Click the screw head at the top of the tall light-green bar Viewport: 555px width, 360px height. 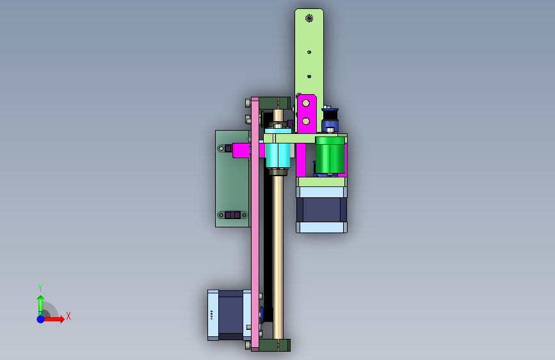pos(309,18)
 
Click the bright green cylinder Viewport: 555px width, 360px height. pos(330,155)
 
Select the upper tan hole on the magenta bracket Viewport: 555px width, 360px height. pos(306,103)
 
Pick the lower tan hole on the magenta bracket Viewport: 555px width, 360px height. pos(306,121)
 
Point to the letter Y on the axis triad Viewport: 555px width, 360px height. pos(40,288)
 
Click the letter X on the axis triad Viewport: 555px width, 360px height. pos(68,316)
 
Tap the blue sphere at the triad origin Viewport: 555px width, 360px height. pos(41,319)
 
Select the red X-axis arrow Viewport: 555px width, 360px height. pos(53,319)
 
